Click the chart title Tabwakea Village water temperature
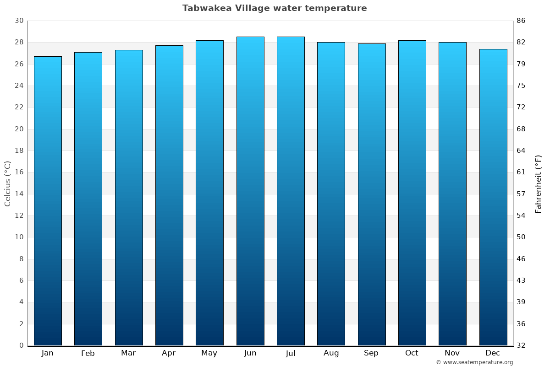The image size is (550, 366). click(x=275, y=8)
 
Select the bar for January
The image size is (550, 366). click(x=48, y=201)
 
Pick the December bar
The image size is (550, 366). click(x=493, y=197)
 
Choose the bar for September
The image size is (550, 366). click(x=372, y=194)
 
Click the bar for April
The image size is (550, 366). click(x=169, y=195)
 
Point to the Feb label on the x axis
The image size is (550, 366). click(x=88, y=353)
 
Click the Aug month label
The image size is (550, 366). click(x=331, y=353)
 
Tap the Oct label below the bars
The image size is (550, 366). click(x=412, y=353)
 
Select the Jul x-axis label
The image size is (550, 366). click(x=291, y=353)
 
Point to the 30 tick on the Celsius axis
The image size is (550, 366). click(x=19, y=21)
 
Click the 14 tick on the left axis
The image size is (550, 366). click(x=19, y=194)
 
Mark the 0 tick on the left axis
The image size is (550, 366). click(x=21, y=345)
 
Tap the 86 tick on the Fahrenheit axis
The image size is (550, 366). click(x=521, y=21)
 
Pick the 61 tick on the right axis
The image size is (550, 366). click(x=521, y=172)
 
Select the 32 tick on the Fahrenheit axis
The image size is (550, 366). click(x=521, y=345)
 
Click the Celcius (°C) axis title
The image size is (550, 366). click(x=7, y=183)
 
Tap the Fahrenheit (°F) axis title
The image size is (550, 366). click(x=539, y=183)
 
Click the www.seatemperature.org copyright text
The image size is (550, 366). click(x=474, y=362)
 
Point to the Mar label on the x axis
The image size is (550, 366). click(x=128, y=353)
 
